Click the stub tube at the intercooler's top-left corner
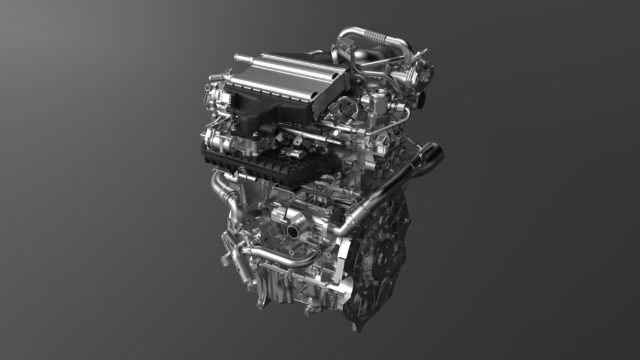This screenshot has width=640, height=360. point(239,57)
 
